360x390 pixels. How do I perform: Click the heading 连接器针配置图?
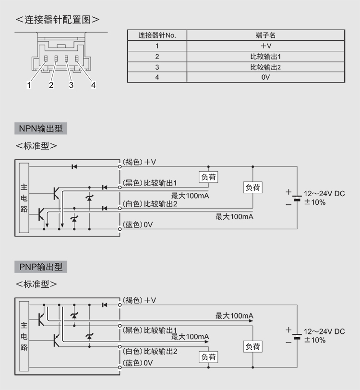click(58, 20)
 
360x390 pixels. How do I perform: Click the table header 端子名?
click(265, 35)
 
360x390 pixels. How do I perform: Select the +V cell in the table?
click(265, 46)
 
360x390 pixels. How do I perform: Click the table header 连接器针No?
click(157, 35)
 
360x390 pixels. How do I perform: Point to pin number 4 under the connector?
click(94, 85)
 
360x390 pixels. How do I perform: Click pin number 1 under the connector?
click(29, 85)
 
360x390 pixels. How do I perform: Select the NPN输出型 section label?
click(41, 129)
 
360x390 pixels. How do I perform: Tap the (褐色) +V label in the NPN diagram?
click(139, 162)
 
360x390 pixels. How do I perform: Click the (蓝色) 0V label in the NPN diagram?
click(138, 225)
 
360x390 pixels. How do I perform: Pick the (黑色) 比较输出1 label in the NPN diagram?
click(150, 183)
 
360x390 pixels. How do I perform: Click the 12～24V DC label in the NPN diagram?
click(324, 194)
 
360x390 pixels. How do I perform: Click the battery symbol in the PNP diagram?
click(297, 334)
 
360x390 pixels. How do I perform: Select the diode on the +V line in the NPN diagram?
click(74, 166)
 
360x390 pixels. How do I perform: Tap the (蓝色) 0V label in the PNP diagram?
click(138, 363)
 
